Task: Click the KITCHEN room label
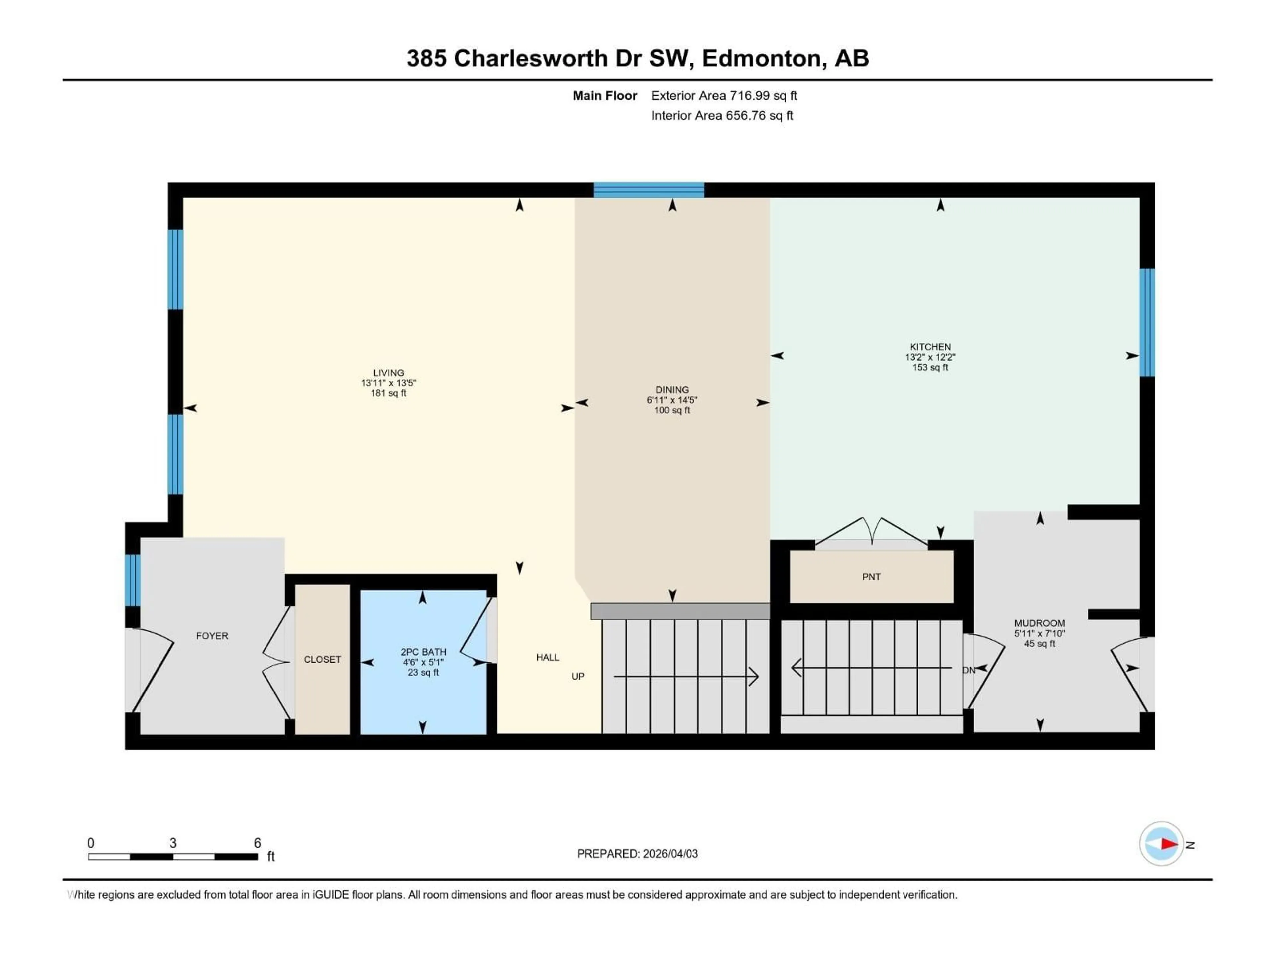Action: (x=930, y=347)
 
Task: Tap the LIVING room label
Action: (x=388, y=372)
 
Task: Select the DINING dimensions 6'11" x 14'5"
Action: (x=672, y=400)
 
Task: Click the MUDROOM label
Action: (x=1039, y=623)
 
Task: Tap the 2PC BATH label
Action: (x=423, y=652)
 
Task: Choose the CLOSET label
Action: (x=322, y=659)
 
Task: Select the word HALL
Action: (x=547, y=657)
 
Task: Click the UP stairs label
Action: (x=578, y=676)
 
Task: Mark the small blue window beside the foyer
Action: (x=132, y=580)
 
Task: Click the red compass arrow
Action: (x=1169, y=844)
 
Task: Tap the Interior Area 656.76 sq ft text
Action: (x=722, y=115)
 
